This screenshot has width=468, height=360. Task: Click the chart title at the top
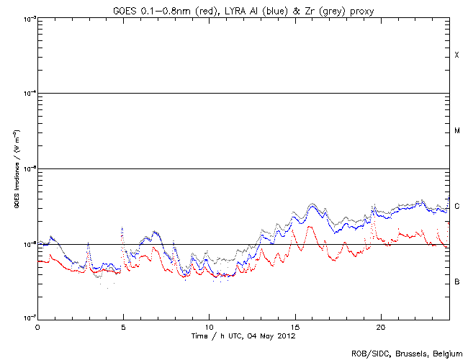point(243,9)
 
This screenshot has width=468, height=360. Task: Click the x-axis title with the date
point(243,336)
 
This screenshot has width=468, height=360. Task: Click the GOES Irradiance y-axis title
point(17,168)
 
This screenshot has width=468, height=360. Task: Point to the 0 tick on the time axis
point(37,326)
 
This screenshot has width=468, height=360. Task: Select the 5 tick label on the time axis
point(123,326)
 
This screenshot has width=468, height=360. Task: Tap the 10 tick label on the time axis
point(209,326)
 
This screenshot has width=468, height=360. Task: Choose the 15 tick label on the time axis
point(294,326)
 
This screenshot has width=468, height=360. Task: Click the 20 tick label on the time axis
point(380,326)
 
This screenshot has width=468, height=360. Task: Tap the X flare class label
point(456,55)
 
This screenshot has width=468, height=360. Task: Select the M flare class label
point(456,131)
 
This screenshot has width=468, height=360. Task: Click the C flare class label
point(456,207)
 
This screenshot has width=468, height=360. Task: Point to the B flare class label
point(456,282)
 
